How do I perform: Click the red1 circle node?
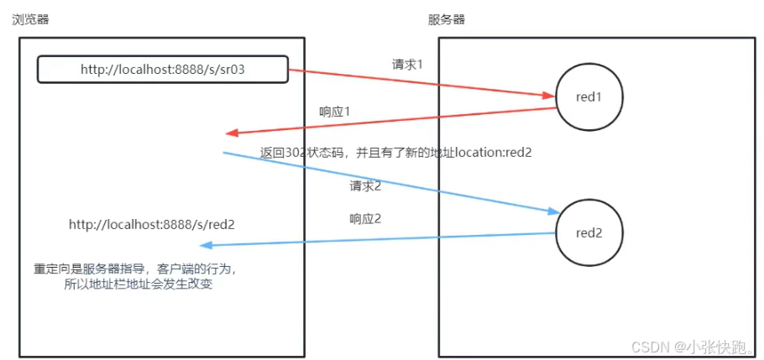tap(589, 97)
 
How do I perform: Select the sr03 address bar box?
tap(163, 70)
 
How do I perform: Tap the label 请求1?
tap(408, 64)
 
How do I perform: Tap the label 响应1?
tap(335, 112)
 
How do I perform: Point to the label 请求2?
tap(366, 185)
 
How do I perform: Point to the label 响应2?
tap(365, 219)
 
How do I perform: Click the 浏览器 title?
tap(31, 19)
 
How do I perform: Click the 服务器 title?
tap(447, 19)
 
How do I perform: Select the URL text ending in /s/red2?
tap(151, 224)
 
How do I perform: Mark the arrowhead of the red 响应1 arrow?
tap(230, 133)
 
